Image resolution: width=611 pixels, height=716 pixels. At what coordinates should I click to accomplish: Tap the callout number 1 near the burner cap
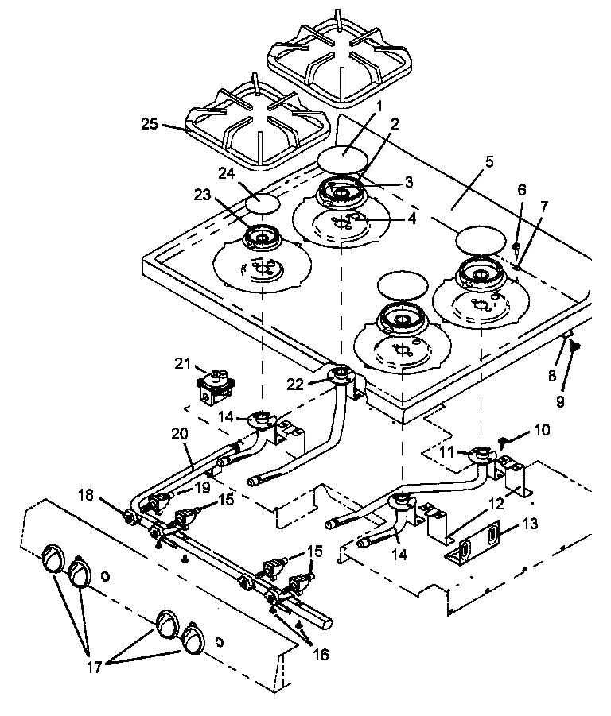379,105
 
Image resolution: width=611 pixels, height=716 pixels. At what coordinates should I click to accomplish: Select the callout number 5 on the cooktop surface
489,161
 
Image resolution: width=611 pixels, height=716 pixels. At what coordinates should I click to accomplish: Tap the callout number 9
559,402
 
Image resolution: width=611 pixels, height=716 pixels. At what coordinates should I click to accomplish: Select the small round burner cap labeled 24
263,203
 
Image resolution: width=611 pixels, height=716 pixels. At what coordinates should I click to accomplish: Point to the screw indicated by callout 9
576,346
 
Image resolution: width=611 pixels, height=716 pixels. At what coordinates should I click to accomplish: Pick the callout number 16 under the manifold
319,655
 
